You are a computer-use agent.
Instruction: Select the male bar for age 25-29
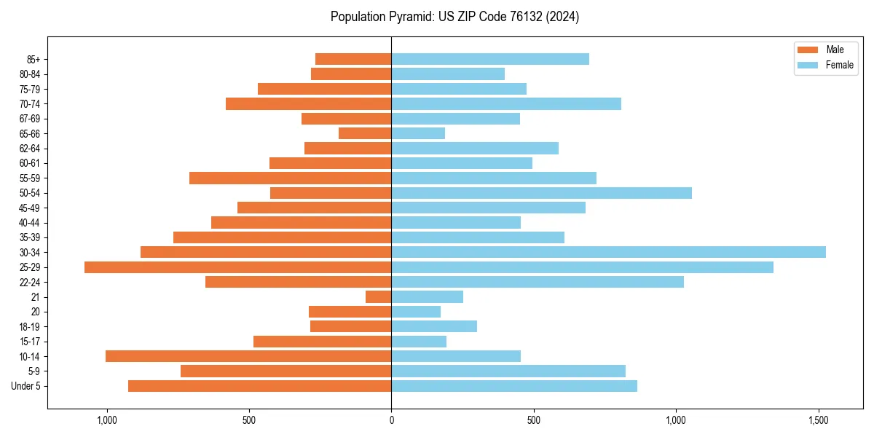pos(238,267)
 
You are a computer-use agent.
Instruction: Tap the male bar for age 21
pos(379,297)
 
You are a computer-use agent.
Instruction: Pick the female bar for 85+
pos(490,59)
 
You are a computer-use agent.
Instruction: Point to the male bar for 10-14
pos(248,356)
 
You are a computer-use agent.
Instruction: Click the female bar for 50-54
pos(541,193)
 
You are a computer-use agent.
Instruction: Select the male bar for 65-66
pos(365,133)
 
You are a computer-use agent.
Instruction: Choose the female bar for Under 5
pos(514,386)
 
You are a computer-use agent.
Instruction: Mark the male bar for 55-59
pos(290,178)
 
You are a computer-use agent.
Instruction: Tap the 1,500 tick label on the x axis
pos(819,420)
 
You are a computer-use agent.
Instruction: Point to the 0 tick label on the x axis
pos(391,420)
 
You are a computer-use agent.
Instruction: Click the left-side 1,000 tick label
pos(106,420)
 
